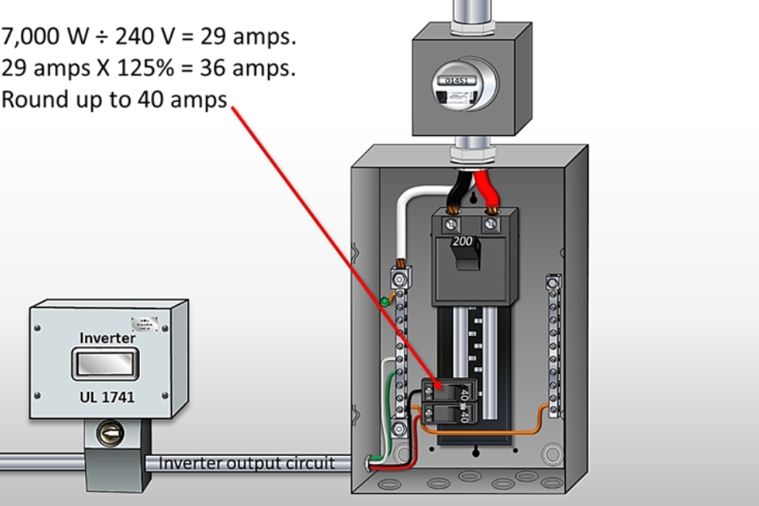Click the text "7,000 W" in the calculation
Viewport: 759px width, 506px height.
[40, 37]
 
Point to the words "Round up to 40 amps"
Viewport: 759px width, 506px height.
[114, 100]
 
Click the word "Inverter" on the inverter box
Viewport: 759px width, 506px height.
[107, 338]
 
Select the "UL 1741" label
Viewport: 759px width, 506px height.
[106, 397]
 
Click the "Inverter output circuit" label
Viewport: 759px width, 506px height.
[246, 463]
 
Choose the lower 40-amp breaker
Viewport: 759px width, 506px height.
[449, 414]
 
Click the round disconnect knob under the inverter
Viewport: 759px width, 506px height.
[105, 432]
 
